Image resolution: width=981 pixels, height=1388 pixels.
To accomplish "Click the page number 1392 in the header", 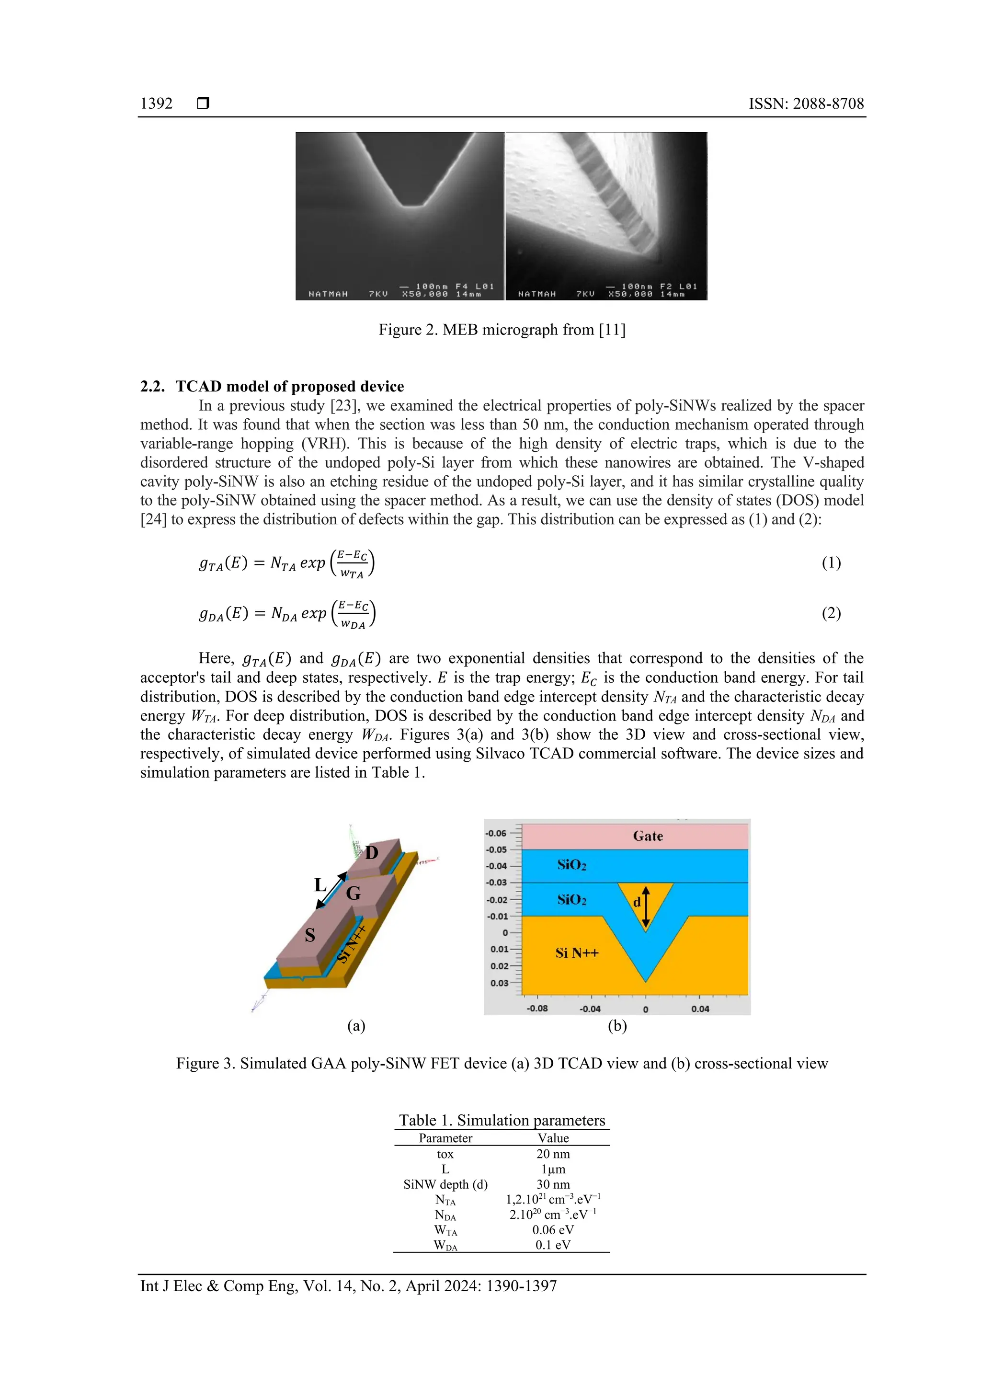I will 156,103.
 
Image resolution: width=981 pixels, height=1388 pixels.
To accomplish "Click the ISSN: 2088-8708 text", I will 806,103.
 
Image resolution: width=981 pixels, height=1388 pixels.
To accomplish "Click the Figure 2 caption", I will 502,330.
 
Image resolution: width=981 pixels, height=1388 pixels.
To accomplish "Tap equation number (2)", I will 831,613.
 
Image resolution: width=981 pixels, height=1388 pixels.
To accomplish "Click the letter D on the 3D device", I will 372,852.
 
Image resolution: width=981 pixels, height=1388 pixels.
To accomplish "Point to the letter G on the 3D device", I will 353,893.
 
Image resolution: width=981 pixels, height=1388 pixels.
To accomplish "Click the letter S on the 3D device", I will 309,935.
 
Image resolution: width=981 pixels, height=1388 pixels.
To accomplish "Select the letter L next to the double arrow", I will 320,885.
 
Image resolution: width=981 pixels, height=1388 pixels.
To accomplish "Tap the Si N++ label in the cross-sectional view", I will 577,953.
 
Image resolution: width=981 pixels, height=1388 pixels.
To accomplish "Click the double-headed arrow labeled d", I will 646,907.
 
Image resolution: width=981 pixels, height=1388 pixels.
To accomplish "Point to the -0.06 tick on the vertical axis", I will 496,833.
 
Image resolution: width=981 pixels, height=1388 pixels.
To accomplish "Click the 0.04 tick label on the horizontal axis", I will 700,1009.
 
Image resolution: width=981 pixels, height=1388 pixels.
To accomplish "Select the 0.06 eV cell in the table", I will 552,1229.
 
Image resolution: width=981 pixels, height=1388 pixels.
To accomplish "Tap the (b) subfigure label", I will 617,1026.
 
